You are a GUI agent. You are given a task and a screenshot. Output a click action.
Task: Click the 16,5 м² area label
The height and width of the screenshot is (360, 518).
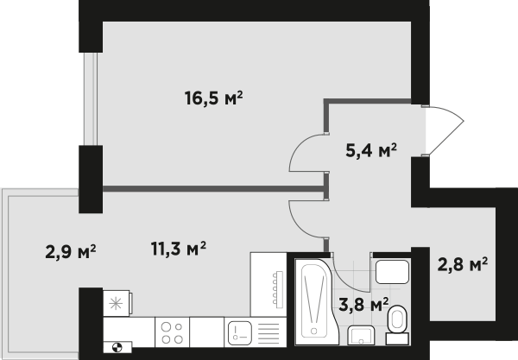pyautogui.click(x=214, y=98)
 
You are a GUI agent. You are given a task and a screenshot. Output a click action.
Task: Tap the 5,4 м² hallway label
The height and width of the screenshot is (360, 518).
pyautogui.click(x=371, y=150)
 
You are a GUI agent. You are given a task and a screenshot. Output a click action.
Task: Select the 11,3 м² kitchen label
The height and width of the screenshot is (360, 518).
pyautogui.click(x=179, y=249)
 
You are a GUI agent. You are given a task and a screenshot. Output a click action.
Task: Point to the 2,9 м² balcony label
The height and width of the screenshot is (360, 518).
pyautogui.click(x=71, y=252)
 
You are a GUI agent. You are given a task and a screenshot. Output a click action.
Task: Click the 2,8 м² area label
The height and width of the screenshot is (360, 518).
pyautogui.click(x=463, y=264)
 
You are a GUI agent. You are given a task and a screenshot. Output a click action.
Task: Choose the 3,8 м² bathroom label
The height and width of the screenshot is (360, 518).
pyautogui.click(x=363, y=305)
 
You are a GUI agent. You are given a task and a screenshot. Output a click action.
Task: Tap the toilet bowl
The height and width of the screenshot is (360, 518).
pyautogui.click(x=397, y=325)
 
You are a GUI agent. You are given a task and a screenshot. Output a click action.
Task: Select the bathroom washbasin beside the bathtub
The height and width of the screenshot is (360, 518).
pyautogui.click(x=361, y=336)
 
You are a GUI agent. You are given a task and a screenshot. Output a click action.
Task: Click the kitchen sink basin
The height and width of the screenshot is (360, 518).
pyautogui.click(x=240, y=333)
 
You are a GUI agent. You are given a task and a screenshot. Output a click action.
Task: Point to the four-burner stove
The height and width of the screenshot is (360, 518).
pyautogui.click(x=172, y=332)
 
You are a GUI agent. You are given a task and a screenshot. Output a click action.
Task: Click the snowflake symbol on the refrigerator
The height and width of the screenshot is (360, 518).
pyautogui.click(x=116, y=304)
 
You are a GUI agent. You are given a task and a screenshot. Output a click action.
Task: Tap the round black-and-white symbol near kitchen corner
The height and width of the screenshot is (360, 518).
pyautogui.click(x=117, y=347)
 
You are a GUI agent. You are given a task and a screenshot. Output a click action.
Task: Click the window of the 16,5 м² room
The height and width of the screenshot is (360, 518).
pyautogui.click(x=91, y=98)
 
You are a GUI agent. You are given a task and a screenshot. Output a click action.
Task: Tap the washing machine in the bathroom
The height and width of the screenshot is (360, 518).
pyautogui.click(x=393, y=272)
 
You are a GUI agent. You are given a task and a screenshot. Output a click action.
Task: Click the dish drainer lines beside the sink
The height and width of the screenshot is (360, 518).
pyautogui.click(x=268, y=333)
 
